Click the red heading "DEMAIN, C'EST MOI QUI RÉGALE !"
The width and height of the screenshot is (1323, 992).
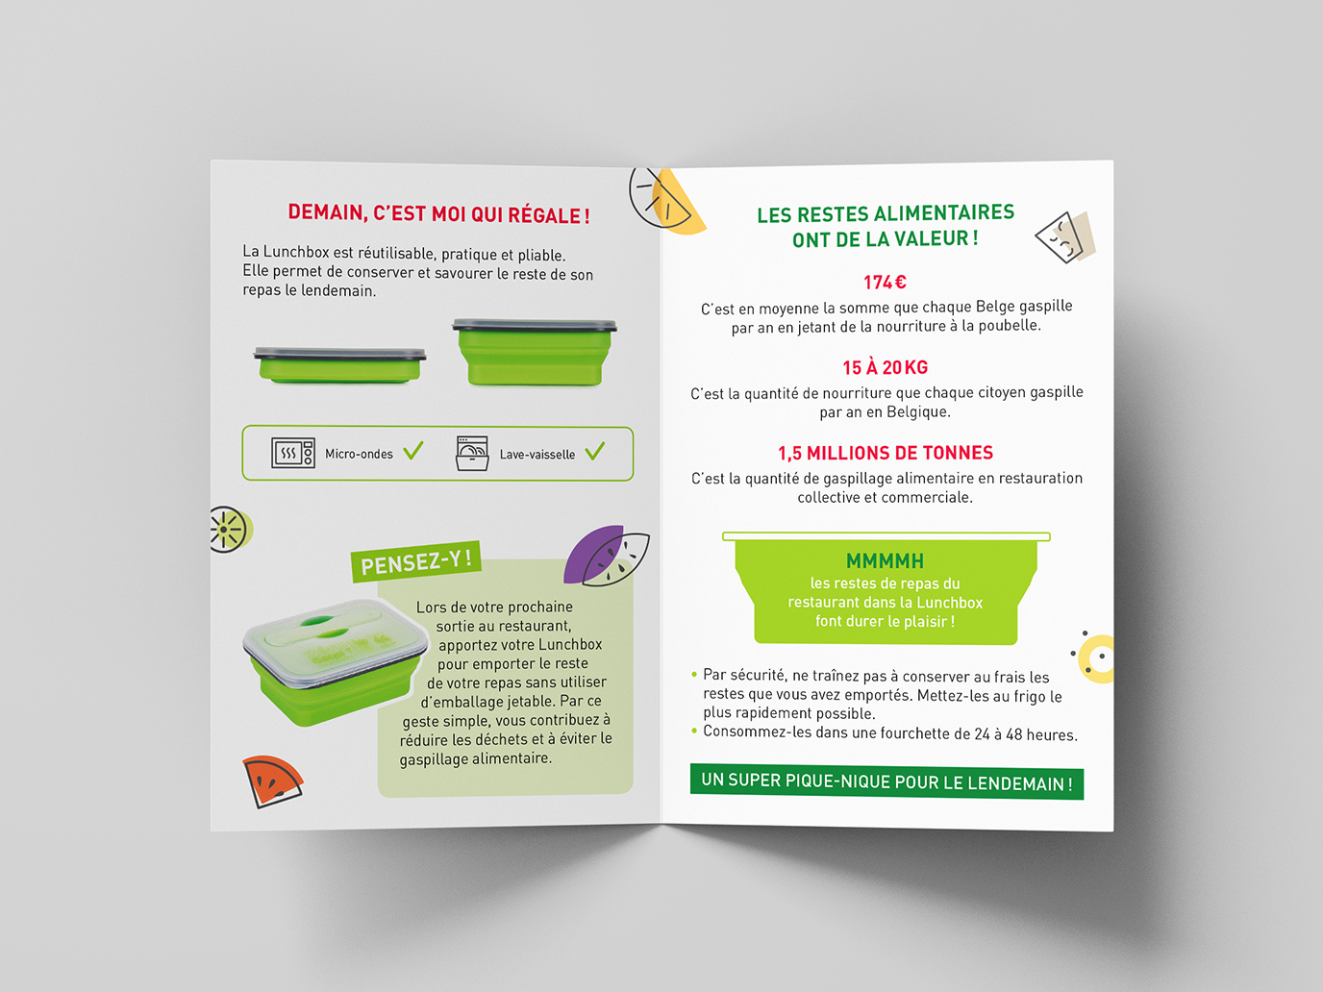point(438,213)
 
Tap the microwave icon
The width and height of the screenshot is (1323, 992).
point(293,453)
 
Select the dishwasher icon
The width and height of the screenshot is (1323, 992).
point(472,453)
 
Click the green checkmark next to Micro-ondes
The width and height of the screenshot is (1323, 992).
point(413,451)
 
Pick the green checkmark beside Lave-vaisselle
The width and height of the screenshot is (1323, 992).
point(594,451)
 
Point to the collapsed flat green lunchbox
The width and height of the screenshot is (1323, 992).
point(340,365)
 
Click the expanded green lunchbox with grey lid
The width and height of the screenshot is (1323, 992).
point(535,353)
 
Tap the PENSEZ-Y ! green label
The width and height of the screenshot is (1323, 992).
point(416,561)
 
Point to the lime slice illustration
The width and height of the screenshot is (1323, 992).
point(230,530)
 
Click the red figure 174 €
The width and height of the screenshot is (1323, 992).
point(885,282)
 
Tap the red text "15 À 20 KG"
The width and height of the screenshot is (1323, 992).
point(885,367)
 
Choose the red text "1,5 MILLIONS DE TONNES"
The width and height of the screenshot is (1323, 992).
point(886,453)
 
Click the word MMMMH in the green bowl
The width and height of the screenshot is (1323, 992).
point(885,560)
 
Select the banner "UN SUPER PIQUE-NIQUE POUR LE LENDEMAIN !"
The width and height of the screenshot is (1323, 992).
point(886,781)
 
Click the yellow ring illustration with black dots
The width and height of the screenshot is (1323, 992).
point(1094,657)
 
